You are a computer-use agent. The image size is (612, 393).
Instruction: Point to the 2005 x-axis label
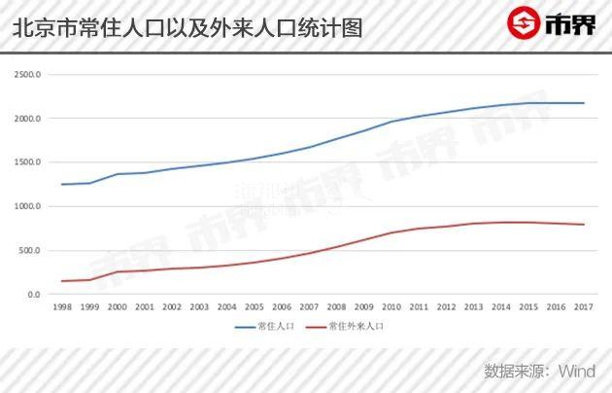click(x=255, y=307)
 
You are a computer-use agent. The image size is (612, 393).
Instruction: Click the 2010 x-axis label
click(x=392, y=307)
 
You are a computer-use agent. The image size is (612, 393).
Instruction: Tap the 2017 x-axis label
click(x=583, y=307)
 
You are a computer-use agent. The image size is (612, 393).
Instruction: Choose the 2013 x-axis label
click(x=474, y=307)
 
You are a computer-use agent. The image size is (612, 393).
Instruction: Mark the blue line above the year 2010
click(x=392, y=122)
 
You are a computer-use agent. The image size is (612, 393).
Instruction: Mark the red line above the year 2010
click(x=392, y=233)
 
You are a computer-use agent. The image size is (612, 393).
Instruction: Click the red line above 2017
click(x=583, y=225)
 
